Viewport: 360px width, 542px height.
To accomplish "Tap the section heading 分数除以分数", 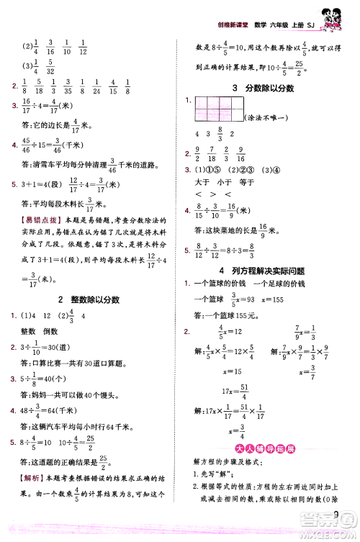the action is click(x=262, y=87).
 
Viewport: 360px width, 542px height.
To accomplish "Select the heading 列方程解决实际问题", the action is click(x=262, y=269).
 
